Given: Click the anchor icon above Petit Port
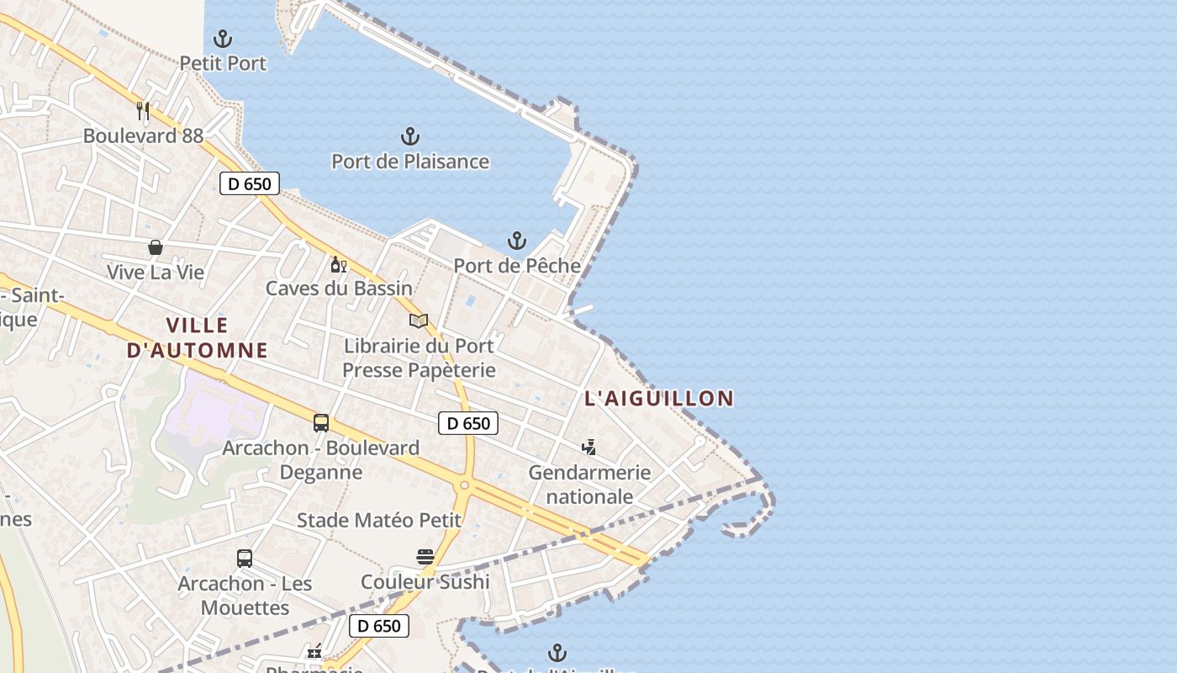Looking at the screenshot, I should [223, 38].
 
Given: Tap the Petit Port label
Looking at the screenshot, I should [223, 63].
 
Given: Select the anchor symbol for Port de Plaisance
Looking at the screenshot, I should [409, 135].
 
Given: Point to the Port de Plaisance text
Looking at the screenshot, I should [409, 161].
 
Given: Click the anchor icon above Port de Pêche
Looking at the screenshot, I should [517, 241].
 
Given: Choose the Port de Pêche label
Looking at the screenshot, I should [517, 266].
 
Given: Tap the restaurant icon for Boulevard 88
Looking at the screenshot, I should [143, 110].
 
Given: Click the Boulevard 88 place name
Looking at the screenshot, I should [143, 135].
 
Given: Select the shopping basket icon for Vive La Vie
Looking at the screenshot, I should [156, 247].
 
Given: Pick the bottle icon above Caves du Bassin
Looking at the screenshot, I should [339, 264].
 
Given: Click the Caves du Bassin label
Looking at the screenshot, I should [339, 289].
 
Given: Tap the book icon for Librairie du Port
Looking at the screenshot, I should [419, 321].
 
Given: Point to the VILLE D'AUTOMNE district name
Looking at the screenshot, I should [197, 337].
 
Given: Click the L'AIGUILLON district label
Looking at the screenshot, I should [658, 398].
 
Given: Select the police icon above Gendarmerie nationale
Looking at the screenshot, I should [589, 448].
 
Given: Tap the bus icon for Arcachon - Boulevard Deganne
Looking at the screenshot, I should [320, 423].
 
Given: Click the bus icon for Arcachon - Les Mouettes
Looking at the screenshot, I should [245, 559].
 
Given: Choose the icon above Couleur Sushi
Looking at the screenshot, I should [425, 557].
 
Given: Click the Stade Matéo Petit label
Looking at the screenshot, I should [379, 521].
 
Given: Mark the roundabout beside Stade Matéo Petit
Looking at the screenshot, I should [464, 485].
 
